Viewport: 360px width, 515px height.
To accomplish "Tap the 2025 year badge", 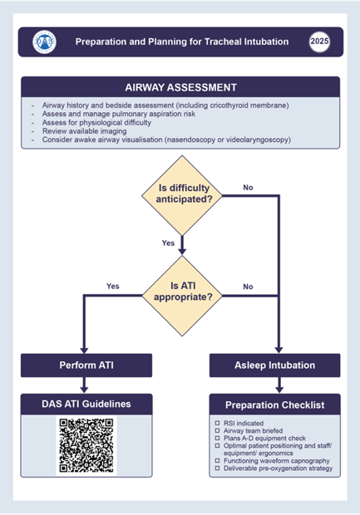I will tap(319, 41).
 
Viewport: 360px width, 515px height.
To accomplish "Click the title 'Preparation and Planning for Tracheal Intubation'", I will tap(181, 41).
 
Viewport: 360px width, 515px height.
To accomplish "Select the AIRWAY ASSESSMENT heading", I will tap(180, 87).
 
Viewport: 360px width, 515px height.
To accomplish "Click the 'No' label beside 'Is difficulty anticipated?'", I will tap(248, 188).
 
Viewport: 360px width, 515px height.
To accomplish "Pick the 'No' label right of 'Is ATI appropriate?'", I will tap(248, 286).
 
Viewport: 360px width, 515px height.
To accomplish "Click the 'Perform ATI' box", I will tap(86, 365).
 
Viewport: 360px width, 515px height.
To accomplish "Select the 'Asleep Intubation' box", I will tap(275, 365).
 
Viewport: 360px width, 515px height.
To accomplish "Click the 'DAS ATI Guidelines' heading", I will tap(86, 404).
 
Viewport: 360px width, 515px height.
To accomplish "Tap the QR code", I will tap(86, 445).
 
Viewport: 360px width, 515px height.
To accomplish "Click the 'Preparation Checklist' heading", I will tap(275, 405).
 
